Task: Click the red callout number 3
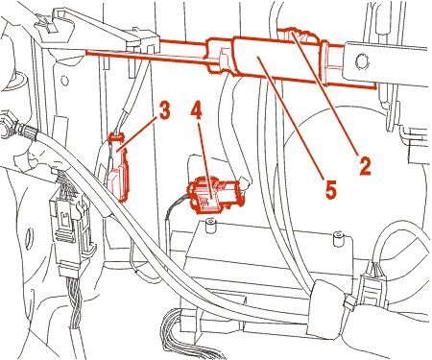click(x=164, y=110)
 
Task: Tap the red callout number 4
click(x=196, y=111)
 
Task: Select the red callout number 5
click(x=331, y=189)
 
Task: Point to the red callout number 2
click(x=365, y=165)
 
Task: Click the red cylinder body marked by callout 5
click(x=276, y=60)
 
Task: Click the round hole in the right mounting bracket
click(x=362, y=61)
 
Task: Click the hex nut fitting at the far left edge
click(x=7, y=124)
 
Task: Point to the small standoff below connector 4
click(x=210, y=226)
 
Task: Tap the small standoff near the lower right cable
click(x=339, y=238)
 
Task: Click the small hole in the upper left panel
click(x=65, y=80)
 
